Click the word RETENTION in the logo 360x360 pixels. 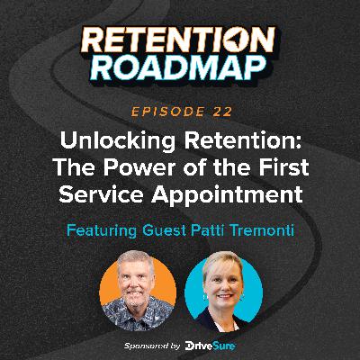[180, 39]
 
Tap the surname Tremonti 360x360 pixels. [274, 228]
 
